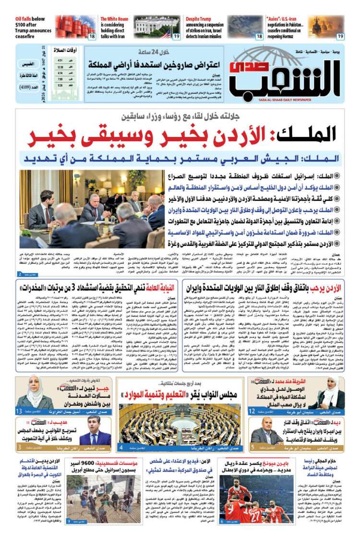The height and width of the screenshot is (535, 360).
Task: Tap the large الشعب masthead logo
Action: pos(293,77)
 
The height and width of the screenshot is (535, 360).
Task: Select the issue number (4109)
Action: pos(30,88)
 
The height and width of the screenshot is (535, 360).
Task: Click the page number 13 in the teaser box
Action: pos(18,411)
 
